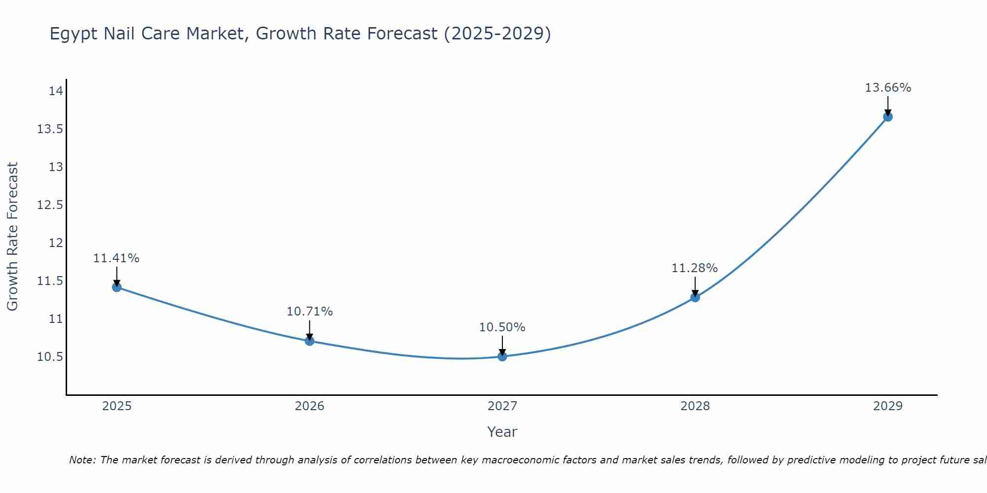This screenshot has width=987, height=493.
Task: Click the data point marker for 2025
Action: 117,287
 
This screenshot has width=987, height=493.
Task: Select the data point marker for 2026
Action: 309,341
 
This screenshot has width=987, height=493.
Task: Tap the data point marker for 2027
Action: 502,356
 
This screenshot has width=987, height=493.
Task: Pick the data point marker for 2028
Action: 695,297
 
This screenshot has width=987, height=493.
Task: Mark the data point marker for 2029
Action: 888,117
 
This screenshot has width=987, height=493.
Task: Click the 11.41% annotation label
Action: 116,258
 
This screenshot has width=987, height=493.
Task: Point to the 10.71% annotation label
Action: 309,312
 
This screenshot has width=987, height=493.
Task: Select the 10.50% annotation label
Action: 502,327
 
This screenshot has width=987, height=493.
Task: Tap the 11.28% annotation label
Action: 694,268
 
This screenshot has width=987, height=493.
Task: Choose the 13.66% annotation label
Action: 888,88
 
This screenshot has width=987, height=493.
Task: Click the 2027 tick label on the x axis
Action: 502,406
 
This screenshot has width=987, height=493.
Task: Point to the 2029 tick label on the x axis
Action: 888,406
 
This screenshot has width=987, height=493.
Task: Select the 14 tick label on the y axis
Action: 56,91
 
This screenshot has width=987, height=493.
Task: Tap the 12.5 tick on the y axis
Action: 50,205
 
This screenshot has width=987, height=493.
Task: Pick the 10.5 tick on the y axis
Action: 50,357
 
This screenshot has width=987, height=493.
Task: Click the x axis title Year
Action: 502,432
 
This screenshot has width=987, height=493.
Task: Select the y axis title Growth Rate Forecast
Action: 12,236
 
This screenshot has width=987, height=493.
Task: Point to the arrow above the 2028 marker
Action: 695,286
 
